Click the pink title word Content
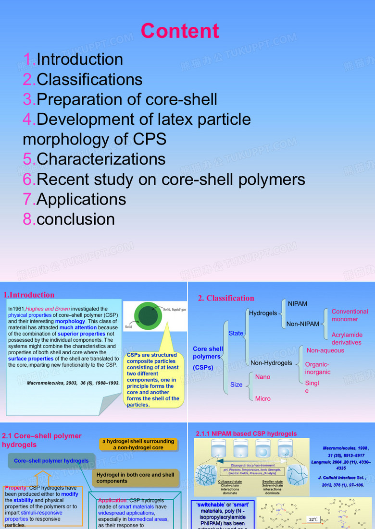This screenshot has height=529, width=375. click(x=180, y=31)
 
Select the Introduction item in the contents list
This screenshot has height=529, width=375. click(x=80, y=59)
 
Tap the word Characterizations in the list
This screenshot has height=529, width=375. click(x=101, y=159)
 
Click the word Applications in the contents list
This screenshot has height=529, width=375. click(x=81, y=199)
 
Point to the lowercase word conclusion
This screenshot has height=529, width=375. click(x=75, y=219)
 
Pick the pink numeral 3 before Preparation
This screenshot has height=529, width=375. click(x=28, y=99)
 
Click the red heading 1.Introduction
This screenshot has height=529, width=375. click(x=29, y=295)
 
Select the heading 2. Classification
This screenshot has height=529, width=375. click(x=226, y=298)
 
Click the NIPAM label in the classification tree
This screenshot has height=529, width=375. click(x=297, y=304)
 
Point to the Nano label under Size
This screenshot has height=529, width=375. click(x=262, y=377)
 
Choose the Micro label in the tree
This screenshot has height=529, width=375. click(x=262, y=398)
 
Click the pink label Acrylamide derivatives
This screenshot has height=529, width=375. click(x=347, y=338)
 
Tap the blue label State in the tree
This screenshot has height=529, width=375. click(x=236, y=333)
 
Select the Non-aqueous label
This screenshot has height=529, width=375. click(x=325, y=350)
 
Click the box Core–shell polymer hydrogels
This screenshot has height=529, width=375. click(x=51, y=461)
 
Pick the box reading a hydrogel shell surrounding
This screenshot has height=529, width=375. click(x=138, y=444)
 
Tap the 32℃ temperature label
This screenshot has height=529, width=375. click(x=313, y=519)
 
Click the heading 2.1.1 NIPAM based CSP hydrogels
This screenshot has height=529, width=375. click(x=246, y=433)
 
